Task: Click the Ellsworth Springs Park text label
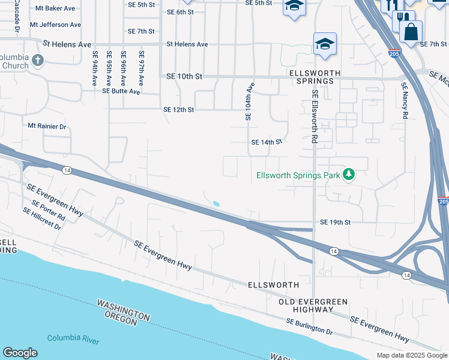click(298, 175)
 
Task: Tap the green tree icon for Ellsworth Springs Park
click(348, 175)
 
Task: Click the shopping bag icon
click(411, 32)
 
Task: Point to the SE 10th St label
click(184, 77)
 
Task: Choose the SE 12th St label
click(179, 110)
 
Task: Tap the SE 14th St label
click(266, 142)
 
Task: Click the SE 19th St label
click(335, 222)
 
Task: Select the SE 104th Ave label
click(250, 101)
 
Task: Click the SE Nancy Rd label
click(405, 100)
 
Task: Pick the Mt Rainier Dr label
click(47, 127)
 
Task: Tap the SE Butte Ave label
click(121, 92)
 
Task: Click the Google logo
click(20, 353)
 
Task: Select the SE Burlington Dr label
click(309, 326)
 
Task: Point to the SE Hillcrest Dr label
click(42, 219)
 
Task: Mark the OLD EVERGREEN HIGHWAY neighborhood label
click(306, 305)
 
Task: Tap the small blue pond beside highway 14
click(215, 203)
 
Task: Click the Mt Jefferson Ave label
click(58, 25)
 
